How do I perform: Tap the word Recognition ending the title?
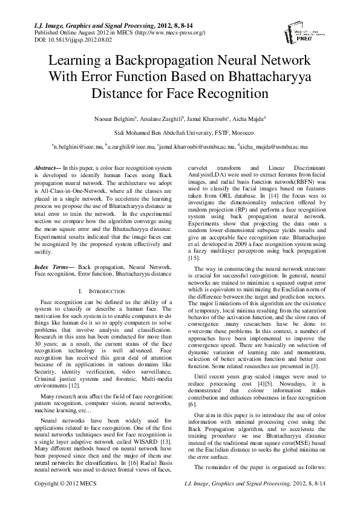[x=229, y=94]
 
